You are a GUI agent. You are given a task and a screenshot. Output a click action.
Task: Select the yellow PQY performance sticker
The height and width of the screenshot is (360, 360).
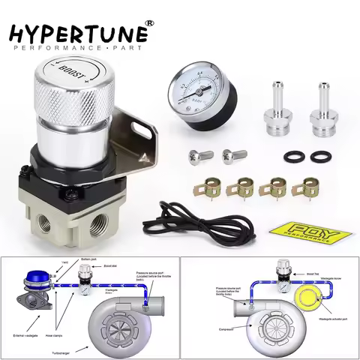pyautogui.click(x=307, y=229)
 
